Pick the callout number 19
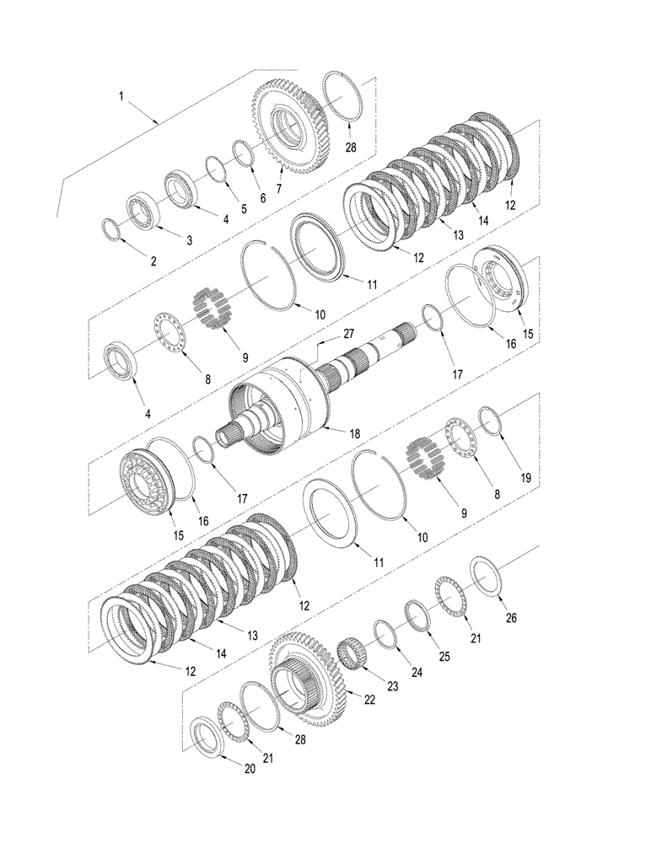(x=525, y=478)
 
